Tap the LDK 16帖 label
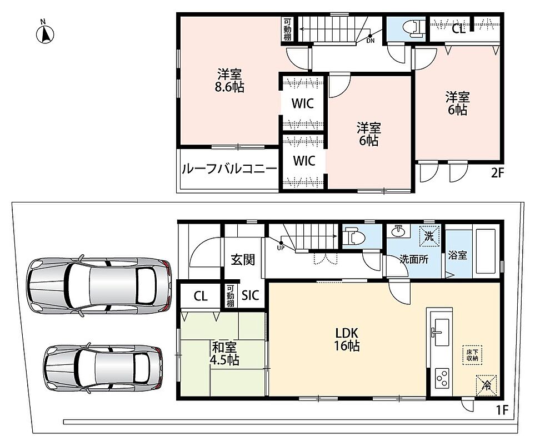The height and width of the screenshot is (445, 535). click(347, 339)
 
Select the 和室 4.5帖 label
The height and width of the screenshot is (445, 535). click(224, 354)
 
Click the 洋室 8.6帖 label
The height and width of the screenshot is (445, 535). click(229, 81)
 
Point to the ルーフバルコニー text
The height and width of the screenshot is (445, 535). click(229, 169)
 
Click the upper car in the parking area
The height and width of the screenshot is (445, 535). click(99, 285)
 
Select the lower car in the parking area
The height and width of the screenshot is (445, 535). click(103, 368)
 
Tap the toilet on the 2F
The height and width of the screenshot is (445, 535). click(413, 29)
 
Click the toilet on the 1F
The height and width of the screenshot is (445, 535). click(354, 236)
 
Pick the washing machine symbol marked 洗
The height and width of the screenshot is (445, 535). click(429, 236)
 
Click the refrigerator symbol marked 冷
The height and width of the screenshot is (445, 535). click(486, 385)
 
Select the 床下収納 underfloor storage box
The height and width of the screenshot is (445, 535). click(472, 355)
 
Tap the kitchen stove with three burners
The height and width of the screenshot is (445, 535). click(441, 378)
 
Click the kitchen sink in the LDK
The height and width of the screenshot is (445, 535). click(441, 332)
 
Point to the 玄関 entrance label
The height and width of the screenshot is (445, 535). click(243, 260)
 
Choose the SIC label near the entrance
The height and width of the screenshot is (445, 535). click(251, 295)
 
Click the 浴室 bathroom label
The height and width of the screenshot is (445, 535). click(457, 255)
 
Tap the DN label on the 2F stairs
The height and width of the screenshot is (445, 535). click(370, 41)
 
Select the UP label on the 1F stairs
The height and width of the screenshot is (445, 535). click(281, 248)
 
